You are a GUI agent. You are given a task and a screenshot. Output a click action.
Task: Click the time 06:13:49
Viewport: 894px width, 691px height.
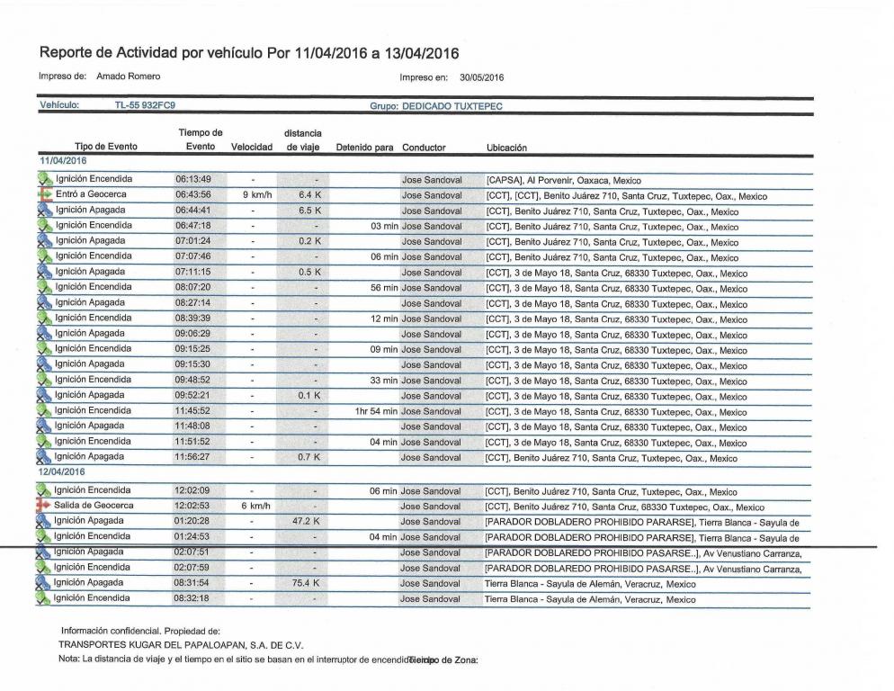[193, 179]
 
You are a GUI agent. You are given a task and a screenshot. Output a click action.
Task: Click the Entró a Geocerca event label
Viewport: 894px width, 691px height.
[91, 194]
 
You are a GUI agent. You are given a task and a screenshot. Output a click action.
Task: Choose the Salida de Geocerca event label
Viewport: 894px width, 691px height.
[94, 507]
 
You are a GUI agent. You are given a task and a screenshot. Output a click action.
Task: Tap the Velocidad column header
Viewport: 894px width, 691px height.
[251, 148]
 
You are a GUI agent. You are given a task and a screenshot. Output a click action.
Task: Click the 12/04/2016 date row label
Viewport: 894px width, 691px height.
[61, 471]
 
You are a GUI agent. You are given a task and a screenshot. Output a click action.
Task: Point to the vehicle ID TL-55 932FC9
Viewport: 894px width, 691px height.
[145, 105]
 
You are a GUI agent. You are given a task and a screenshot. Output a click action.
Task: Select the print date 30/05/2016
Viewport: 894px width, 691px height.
[481, 77]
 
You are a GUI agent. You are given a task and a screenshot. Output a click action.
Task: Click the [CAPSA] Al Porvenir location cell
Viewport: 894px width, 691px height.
[563, 180]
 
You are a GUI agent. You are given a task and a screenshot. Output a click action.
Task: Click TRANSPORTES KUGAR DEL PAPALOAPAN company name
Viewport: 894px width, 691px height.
[181, 645]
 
